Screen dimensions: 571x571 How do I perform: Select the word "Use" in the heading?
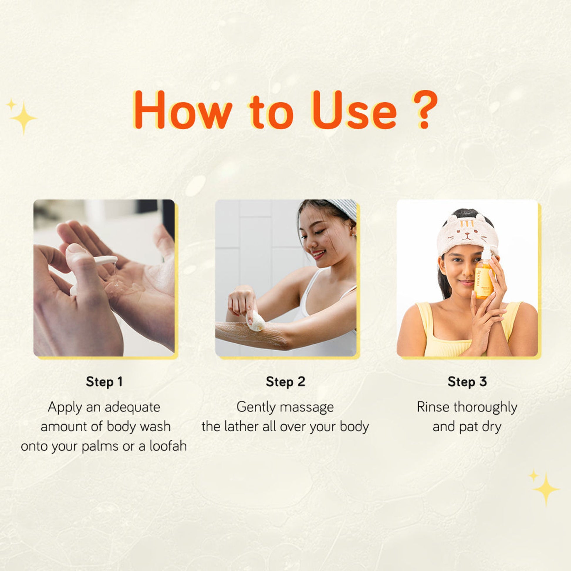[354, 110]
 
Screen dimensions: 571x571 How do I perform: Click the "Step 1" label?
[104, 381]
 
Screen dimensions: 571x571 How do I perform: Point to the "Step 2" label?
[285, 381]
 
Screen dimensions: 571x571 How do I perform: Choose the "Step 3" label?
[467, 381]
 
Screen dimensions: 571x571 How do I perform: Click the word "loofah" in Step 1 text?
[168, 446]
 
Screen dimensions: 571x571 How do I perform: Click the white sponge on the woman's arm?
[255, 322]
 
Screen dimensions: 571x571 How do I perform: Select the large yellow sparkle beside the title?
[24, 118]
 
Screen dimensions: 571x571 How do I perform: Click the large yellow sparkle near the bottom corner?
[546, 489]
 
